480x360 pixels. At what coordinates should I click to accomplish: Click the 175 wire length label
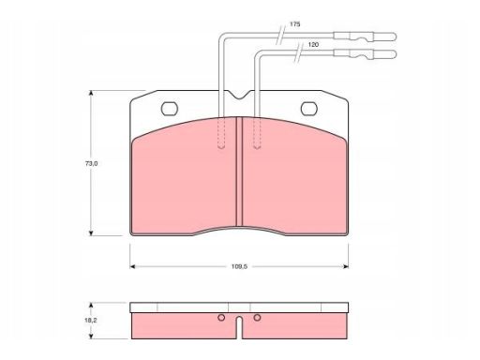[294, 24]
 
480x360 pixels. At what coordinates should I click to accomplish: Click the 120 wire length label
[313, 45]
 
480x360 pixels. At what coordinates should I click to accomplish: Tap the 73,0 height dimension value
[92, 163]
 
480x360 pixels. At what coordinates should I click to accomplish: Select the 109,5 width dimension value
[239, 266]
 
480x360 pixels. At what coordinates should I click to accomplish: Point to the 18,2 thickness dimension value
[91, 321]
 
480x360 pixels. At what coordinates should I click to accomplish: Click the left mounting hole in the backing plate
[170, 109]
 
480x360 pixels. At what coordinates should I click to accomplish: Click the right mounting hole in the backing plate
[309, 109]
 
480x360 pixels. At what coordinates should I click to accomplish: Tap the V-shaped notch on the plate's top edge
[239, 95]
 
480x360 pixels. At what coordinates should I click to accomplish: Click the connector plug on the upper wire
[365, 37]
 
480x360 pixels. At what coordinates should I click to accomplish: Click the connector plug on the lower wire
[365, 54]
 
